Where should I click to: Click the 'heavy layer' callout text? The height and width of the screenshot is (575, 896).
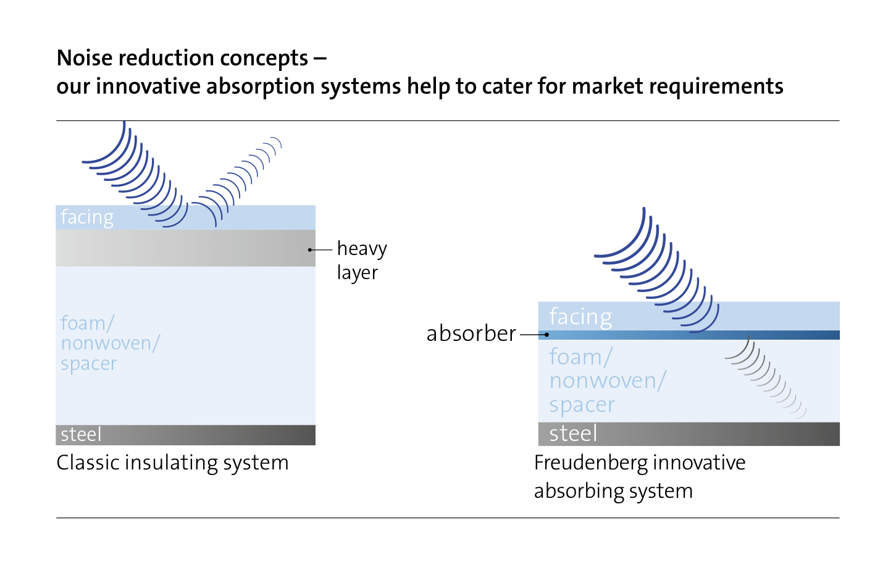362,261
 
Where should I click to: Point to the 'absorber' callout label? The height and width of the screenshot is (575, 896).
471,334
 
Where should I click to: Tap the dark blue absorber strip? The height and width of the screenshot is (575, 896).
689,335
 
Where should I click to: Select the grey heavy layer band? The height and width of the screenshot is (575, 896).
186,248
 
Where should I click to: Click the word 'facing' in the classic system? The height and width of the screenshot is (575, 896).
87,217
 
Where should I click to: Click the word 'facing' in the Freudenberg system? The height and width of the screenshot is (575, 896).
580,317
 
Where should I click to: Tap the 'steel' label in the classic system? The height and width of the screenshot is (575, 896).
81,435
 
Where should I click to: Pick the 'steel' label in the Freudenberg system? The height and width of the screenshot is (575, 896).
573,434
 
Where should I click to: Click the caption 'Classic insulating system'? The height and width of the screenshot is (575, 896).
172,463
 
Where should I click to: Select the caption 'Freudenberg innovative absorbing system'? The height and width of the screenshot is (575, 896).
640,477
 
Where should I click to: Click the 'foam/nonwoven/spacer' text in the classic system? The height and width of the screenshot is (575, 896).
110,343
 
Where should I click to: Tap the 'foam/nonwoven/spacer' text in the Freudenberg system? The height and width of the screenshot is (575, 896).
608,380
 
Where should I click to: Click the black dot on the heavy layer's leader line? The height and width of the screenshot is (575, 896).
309,250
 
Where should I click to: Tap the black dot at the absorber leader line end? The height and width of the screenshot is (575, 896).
546,335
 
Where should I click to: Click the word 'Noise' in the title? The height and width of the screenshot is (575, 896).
85,58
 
